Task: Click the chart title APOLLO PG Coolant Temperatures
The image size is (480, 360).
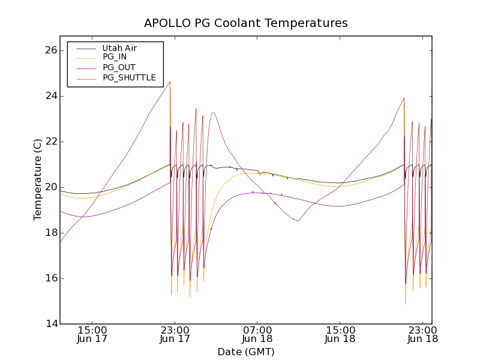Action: point(245,23)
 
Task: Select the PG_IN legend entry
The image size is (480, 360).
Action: point(115,57)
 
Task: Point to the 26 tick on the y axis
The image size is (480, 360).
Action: point(50,50)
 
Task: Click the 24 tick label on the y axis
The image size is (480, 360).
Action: point(50,96)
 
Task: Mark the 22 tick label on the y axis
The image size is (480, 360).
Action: point(50,142)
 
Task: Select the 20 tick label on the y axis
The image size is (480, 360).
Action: point(50,187)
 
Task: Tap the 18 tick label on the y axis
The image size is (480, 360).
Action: point(50,233)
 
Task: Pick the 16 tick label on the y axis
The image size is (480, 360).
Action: point(50,278)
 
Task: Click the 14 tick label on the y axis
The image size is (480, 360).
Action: point(50,324)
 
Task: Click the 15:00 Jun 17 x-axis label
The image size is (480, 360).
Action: point(92,334)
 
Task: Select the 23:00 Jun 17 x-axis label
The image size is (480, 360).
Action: point(175,334)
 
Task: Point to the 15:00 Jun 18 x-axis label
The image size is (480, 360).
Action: point(340,334)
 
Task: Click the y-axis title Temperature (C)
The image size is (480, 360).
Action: point(38,179)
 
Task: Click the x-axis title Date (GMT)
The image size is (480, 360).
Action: point(245,352)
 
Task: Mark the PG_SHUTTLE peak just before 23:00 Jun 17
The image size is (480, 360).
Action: point(170,82)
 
